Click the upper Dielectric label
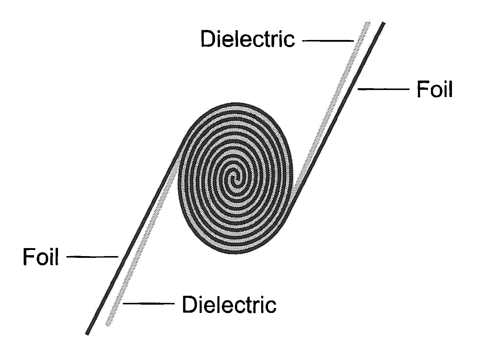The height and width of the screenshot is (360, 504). (248, 39)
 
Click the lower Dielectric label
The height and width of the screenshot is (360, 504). (229, 305)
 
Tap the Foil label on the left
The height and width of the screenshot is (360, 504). (41, 257)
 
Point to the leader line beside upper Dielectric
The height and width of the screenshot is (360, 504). (328, 41)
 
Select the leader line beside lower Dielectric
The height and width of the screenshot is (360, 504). (148, 303)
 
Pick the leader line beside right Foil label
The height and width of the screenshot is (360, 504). (384, 89)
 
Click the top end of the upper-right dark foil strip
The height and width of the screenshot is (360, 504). (383, 24)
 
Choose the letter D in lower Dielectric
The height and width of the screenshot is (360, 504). (189, 305)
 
